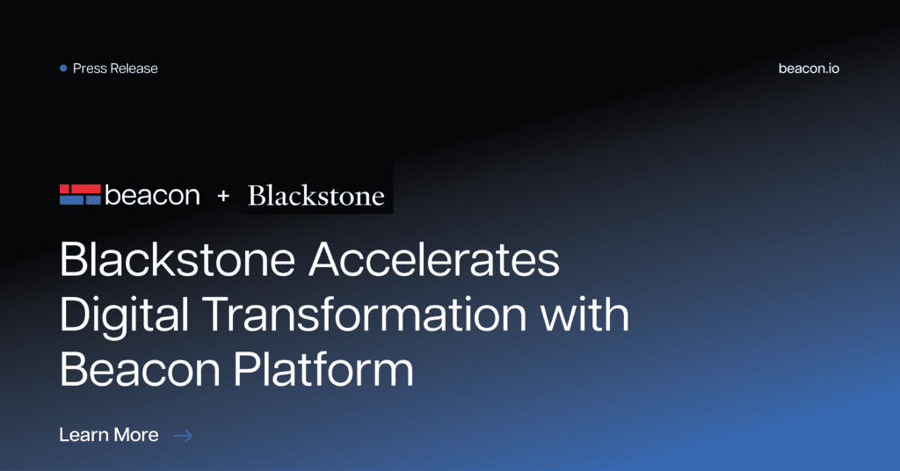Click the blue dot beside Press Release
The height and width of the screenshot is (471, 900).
[63, 69]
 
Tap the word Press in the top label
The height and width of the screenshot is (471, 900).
[91, 69]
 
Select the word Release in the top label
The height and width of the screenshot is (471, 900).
[134, 69]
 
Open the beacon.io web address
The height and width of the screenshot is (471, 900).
[809, 69]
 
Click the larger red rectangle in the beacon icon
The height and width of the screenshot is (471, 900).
[86, 189]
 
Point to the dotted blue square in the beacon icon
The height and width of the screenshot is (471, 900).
[93, 200]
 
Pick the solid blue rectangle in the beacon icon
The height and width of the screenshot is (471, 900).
[72, 200]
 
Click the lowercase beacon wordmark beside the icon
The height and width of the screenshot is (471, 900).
[152, 195]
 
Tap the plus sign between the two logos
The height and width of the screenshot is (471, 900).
[223, 196]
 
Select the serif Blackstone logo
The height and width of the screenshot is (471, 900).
[316, 196]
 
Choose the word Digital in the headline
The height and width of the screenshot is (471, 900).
[124, 315]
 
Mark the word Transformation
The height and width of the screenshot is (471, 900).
[365, 315]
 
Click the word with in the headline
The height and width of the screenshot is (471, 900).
[584, 315]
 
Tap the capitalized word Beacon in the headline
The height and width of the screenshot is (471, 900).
[140, 369]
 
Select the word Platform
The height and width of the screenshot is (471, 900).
[323, 369]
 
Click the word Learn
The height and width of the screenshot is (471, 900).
[83, 435]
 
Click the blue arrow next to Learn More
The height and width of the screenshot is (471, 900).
[183, 436]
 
